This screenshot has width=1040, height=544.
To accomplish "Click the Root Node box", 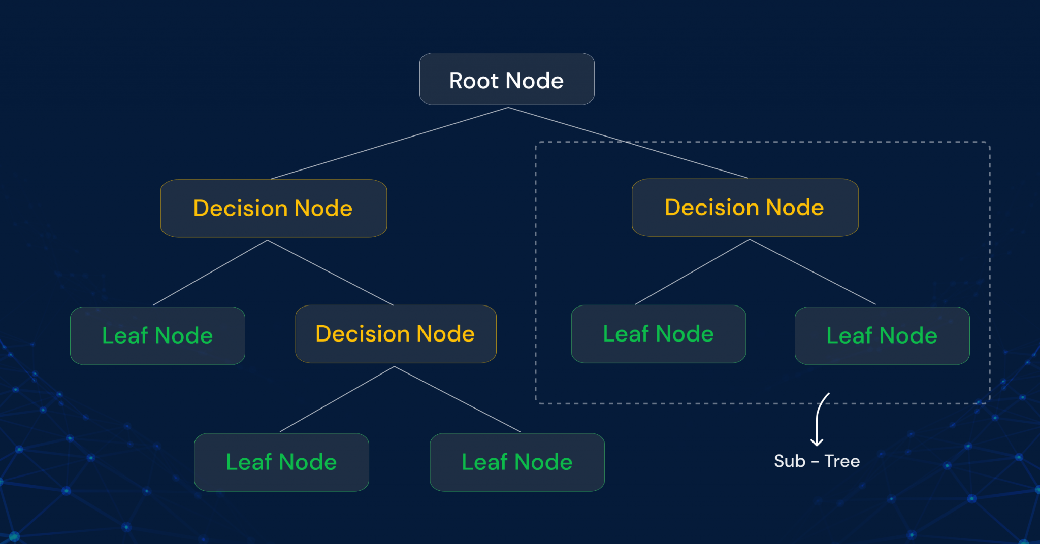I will (x=507, y=79).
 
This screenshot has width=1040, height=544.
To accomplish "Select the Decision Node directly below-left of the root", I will (x=273, y=208).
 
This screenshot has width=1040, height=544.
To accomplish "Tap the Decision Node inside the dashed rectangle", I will (x=744, y=207).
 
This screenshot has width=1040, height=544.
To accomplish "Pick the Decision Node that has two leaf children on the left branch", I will (x=396, y=334).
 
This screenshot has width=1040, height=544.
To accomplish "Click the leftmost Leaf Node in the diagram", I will (x=157, y=335).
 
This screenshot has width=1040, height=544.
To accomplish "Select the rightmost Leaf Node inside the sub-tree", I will (x=882, y=335).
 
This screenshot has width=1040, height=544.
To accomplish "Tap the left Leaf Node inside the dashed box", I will (x=658, y=334).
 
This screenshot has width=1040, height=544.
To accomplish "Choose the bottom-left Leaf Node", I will (x=281, y=462).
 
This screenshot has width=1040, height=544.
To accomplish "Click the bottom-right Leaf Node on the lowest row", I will (x=517, y=462).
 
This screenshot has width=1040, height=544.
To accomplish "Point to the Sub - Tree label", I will (x=817, y=461).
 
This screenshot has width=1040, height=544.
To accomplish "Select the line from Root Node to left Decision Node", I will (x=390, y=143).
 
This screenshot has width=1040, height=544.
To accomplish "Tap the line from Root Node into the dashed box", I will (x=628, y=143).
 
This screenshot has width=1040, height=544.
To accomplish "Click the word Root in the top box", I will (x=474, y=81).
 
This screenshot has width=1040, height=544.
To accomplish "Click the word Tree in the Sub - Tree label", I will (x=842, y=461).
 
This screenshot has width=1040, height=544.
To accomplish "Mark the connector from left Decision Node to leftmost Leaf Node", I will (x=210, y=273).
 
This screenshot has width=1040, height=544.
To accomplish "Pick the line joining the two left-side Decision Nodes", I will (x=330, y=273).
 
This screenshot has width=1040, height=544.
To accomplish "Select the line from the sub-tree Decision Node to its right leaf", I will (x=812, y=272).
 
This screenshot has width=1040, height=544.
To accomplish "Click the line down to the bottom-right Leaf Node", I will (x=457, y=399).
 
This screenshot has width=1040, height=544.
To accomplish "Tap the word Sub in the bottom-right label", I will (x=790, y=461).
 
